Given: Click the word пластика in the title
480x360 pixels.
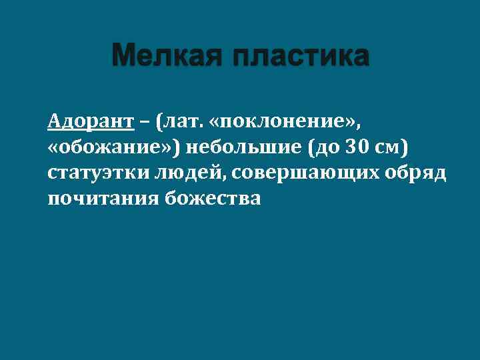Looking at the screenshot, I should [300, 57].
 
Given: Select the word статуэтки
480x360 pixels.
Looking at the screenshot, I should [97, 173].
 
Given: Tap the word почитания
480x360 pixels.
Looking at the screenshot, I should [101, 198].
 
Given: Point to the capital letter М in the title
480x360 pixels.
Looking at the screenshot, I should [125, 57].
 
